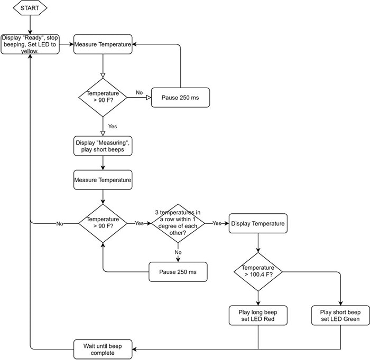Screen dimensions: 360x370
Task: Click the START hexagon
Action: pyautogui.click(x=30, y=8)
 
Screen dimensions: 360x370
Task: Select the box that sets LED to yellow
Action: pyautogui.click(x=30, y=44)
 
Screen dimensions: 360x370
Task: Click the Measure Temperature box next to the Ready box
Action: pyautogui.click(x=103, y=44)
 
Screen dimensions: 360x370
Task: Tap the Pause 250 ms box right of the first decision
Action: pyautogui.click(x=181, y=97)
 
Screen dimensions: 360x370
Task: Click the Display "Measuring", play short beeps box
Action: pyautogui.click(x=103, y=146)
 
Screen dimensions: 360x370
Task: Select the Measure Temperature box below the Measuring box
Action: pyautogui.click(x=103, y=180)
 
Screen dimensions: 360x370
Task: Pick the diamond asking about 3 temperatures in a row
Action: pyautogui.click(x=178, y=223)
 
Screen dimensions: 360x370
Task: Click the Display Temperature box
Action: pyautogui.click(x=257, y=223)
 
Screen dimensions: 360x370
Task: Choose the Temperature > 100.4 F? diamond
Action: pyautogui.click(x=258, y=271)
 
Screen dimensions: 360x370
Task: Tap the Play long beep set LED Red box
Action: pyautogui.click(x=258, y=315)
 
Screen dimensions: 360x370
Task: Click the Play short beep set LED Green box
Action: pyautogui.click(x=340, y=315)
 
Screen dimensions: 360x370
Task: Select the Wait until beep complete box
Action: pyautogui.click(x=103, y=349)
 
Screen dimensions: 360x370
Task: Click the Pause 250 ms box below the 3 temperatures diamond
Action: pyautogui.click(x=178, y=271)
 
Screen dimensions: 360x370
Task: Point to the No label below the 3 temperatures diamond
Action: pyautogui.click(x=178, y=252)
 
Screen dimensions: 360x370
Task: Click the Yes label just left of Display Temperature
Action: pyautogui.click(x=217, y=223)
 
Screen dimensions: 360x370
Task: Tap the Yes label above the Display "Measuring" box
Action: pyautogui.click(x=113, y=126)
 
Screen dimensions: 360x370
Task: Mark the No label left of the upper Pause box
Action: pyautogui.click(x=140, y=92)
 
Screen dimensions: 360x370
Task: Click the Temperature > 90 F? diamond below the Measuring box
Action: pyautogui.click(x=103, y=223)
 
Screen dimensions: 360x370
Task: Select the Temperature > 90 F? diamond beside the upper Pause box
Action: pyautogui.click(x=103, y=97)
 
